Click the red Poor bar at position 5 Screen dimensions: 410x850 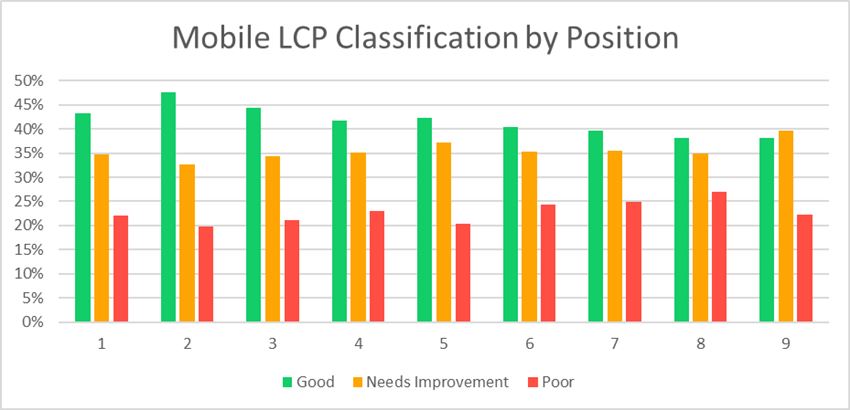[462, 272]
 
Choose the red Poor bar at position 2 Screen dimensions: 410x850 [205, 274]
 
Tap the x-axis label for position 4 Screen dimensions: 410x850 [357, 343]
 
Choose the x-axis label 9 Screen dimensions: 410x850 [785, 343]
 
